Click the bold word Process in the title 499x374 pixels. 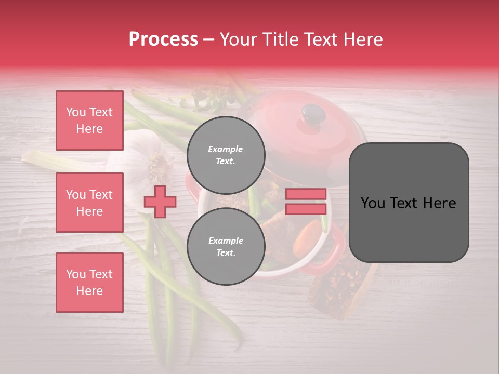click(163, 39)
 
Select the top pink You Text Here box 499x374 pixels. click(89, 121)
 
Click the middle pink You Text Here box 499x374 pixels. click(89, 203)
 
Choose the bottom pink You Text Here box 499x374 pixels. click(89, 283)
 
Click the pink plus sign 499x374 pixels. click(160, 202)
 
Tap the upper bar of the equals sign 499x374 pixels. click(306, 194)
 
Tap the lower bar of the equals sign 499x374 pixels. click(306, 209)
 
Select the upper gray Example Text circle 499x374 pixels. click(226, 155)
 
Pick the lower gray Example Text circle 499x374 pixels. click(226, 247)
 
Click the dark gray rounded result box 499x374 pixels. click(409, 203)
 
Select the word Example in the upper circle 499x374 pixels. click(226, 149)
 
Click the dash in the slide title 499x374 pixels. click(209, 39)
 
